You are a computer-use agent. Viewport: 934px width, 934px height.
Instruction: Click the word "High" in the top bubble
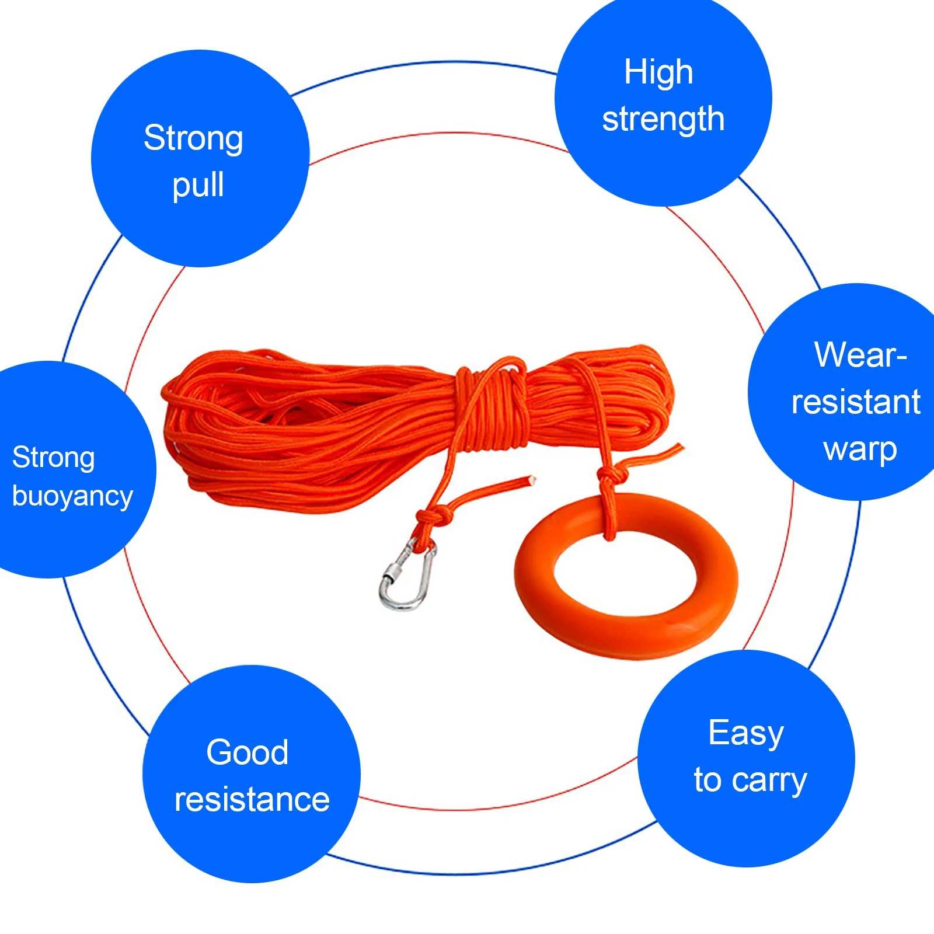tap(658, 72)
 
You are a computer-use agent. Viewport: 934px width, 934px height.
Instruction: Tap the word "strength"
tap(663, 120)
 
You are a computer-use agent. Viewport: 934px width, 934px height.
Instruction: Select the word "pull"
tap(198, 186)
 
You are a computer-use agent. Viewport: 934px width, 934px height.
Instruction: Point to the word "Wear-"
tap(860, 354)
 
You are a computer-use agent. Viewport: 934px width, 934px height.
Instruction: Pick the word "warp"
tap(860, 449)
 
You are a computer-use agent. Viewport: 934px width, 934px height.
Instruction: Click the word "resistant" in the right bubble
tap(856, 402)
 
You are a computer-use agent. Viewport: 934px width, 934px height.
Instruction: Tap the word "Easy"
tap(745, 733)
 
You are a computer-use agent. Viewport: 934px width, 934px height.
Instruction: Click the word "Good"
tap(248, 752)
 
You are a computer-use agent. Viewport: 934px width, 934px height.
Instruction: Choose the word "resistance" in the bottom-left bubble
tap(252, 800)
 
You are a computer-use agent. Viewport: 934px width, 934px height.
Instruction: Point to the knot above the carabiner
tap(433, 516)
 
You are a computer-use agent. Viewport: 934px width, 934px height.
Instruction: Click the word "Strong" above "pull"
tap(193, 138)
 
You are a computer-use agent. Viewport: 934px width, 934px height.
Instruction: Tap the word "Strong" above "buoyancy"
tap(53, 457)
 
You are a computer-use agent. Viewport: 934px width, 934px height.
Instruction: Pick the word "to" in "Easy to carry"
tap(707, 780)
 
